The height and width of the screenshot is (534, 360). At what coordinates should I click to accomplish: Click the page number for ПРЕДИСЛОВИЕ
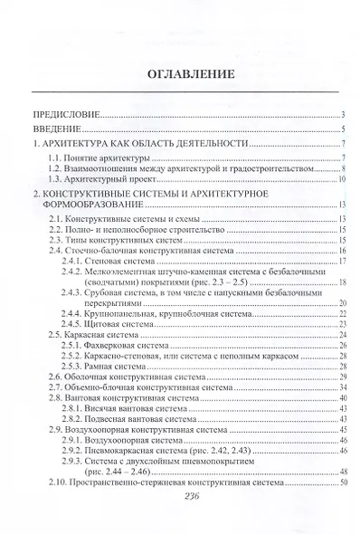pyautogui.click(x=345, y=115)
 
